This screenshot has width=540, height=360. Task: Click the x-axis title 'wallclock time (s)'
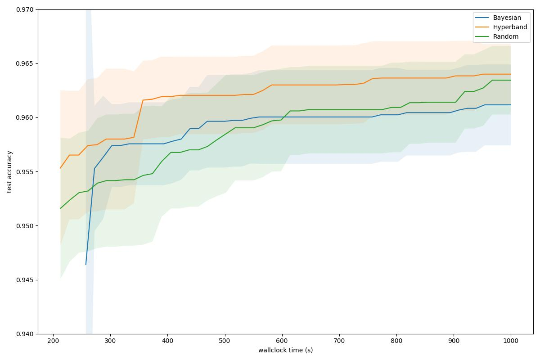[x=285, y=350]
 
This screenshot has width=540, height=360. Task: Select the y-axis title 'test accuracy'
[x=9, y=172]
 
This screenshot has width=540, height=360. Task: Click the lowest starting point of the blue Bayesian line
[x=86, y=265]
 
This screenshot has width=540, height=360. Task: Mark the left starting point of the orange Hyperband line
[x=60, y=168]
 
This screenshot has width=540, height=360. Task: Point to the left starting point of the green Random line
[x=60, y=208]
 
